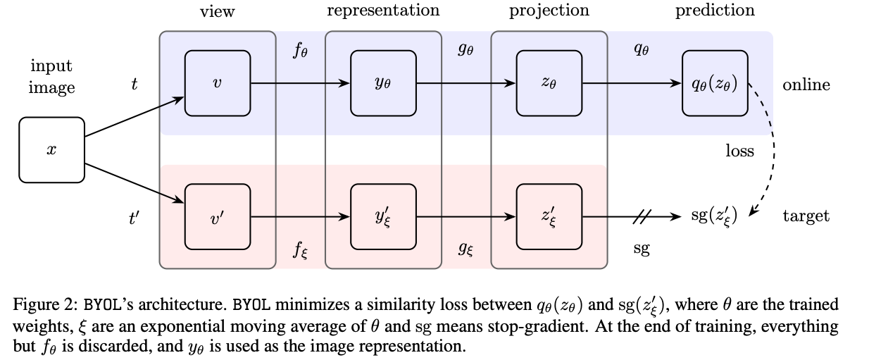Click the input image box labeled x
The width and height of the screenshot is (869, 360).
(51, 150)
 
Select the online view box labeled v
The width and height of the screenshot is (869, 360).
(217, 83)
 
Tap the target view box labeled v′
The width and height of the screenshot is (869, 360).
(217, 216)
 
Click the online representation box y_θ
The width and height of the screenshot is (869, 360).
(383, 83)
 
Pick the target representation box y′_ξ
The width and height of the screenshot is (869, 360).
(383, 216)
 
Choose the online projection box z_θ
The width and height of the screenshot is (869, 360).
(549, 83)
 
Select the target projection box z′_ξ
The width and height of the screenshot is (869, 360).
(549, 216)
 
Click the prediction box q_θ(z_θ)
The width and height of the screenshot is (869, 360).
(715, 83)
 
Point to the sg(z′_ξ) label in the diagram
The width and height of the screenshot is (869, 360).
(714, 216)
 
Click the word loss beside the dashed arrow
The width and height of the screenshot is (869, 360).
(740, 151)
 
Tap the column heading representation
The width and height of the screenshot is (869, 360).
(383, 11)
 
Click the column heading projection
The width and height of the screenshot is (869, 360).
(549, 11)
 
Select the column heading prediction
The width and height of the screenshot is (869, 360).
(715, 11)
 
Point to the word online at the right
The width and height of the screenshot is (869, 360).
(806, 85)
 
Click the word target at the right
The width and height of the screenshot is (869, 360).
(806, 216)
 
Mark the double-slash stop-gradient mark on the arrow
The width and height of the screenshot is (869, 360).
(642, 216)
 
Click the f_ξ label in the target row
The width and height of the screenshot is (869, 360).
(300, 250)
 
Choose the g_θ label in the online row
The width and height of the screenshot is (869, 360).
(465, 49)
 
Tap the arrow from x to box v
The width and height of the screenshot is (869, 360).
(135, 117)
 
